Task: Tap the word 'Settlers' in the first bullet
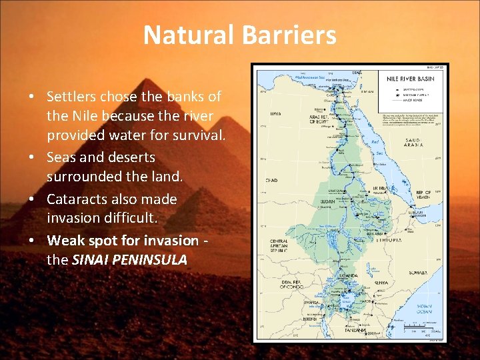coord(73,97)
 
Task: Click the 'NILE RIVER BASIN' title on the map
coord(409,78)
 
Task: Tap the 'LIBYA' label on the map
coord(275,114)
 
